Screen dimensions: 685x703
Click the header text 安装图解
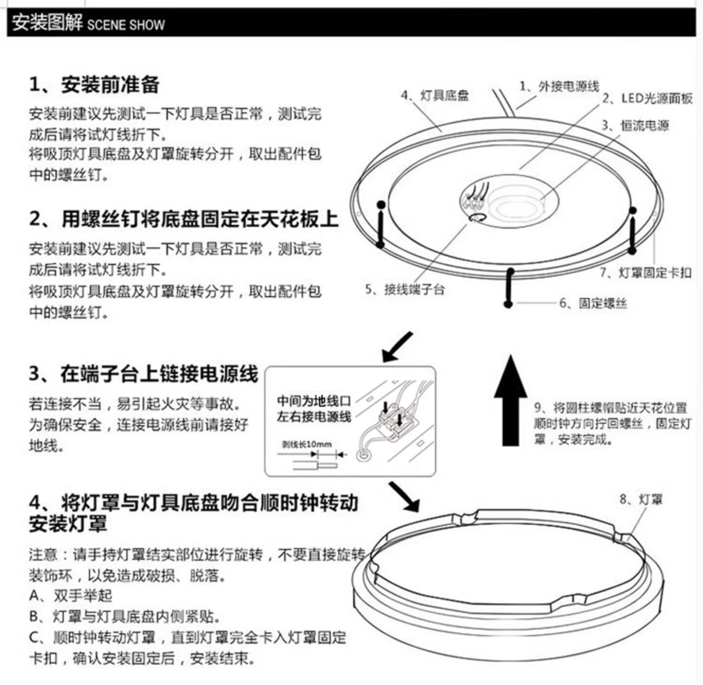point(47,23)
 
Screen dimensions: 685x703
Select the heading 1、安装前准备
point(94,85)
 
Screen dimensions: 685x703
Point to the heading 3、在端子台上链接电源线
point(143,374)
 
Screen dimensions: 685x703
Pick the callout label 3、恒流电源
point(635,125)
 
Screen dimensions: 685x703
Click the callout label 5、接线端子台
point(405,289)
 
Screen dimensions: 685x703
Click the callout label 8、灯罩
point(641,499)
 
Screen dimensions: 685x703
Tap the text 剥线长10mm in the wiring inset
point(306,444)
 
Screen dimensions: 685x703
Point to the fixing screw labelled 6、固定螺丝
point(509,288)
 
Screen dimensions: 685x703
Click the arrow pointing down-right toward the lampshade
point(405,497)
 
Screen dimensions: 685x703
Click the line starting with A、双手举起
point(71,596)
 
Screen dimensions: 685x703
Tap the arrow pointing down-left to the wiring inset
point(397,347)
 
